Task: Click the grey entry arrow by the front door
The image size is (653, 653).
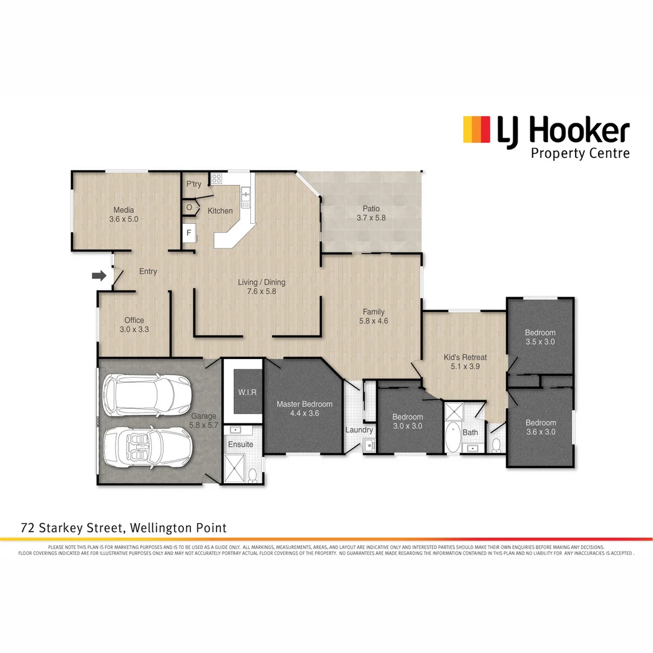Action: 99,276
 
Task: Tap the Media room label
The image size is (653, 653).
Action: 123,210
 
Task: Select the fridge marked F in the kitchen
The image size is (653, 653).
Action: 189,233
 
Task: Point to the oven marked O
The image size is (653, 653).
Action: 189,207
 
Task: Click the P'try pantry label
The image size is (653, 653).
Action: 193,184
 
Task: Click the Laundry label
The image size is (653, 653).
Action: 359,430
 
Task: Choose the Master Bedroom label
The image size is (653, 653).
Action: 304,404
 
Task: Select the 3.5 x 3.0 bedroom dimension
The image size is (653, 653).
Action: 540,342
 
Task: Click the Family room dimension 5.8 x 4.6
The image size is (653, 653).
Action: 373,321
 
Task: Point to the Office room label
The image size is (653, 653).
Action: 134,320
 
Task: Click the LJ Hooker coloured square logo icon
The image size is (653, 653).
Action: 476,129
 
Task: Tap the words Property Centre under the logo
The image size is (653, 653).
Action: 579,153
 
